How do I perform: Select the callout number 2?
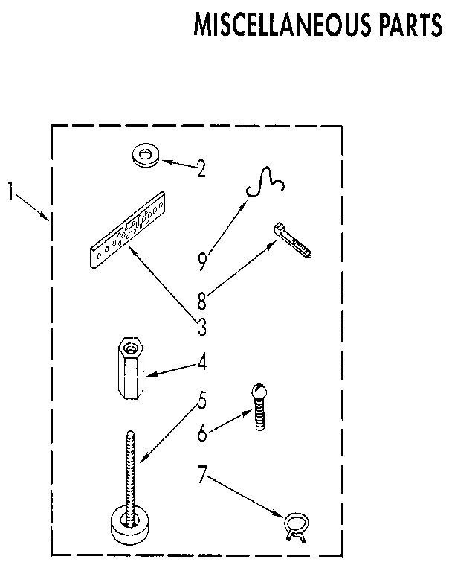click(x=201, y=169)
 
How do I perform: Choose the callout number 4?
click(x=201, y=365)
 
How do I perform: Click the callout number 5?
click(x=201, y=403)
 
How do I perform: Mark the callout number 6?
click(x=201, y=433)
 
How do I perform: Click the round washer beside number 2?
click(x=145, y=155)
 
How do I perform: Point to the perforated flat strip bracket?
click(x=127, y=231)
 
